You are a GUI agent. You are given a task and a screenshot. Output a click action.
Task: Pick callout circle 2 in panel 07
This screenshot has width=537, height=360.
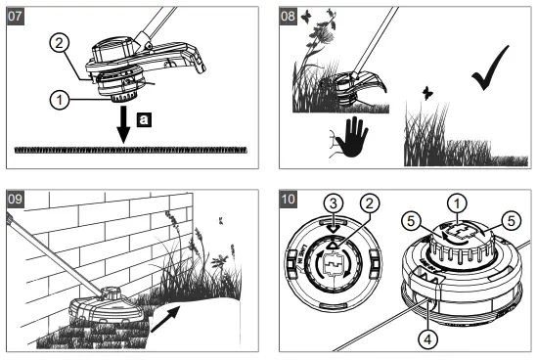(x=58, y=42)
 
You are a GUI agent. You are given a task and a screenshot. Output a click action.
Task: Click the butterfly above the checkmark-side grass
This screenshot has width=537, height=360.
(x=427, y=93)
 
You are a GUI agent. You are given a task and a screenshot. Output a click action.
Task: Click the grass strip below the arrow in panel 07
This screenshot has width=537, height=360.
(x=132, y=150)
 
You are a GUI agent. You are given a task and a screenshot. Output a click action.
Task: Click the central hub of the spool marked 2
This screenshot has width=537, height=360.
(x=335, y=264)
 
